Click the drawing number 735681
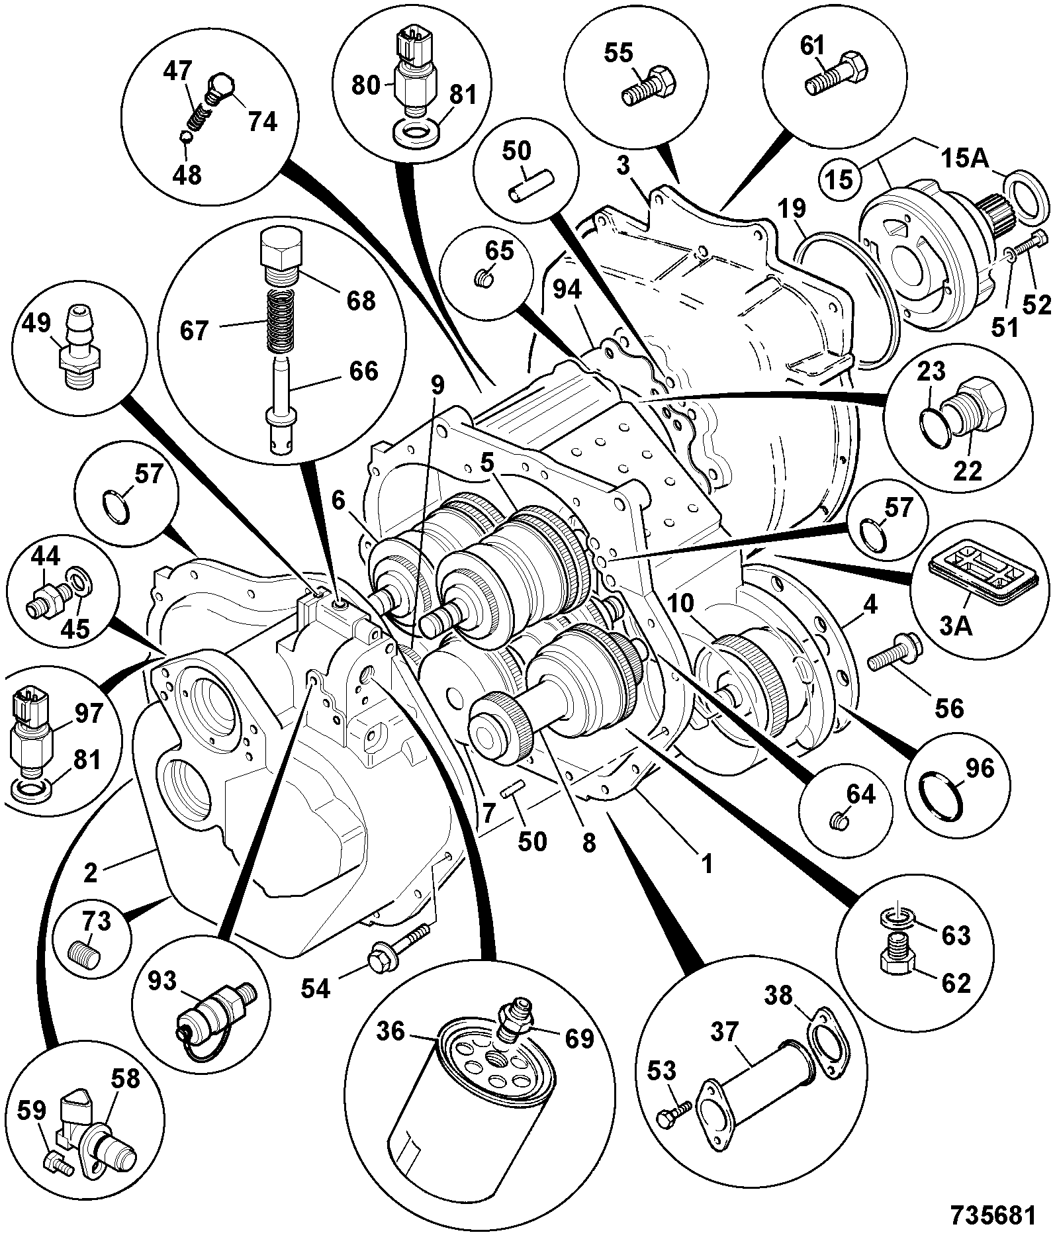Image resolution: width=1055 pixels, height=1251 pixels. tap(992, 1215)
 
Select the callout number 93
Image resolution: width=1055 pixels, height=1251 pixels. tap(161, 980)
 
